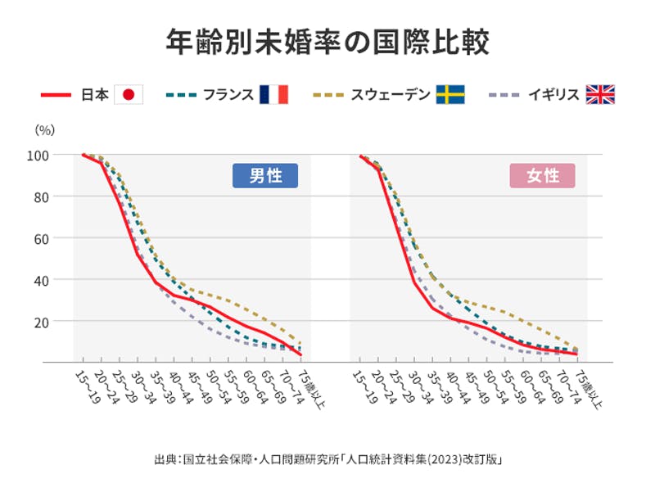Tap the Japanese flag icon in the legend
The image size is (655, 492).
(128, 95)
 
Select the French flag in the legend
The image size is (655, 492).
(273, 95)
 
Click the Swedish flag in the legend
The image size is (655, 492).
(450, 95)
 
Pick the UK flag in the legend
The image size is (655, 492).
(600, 95)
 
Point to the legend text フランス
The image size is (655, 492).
(230, 95)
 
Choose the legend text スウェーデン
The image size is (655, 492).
(391, 95)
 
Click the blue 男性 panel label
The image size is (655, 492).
(264, 176)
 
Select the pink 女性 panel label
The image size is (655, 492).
(542, 176)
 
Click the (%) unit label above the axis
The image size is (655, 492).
(44, 129)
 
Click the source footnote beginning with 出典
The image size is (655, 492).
(327, 458)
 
